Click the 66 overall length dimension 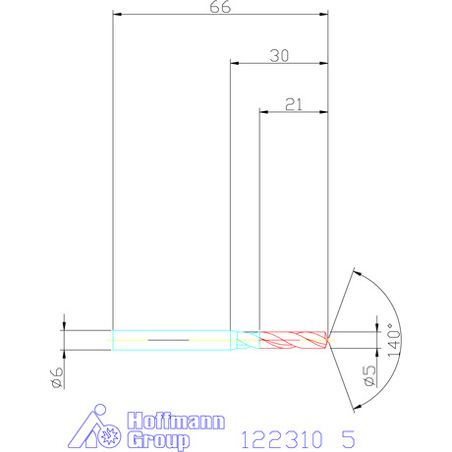tap(220, 7)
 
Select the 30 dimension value tap(279, 56)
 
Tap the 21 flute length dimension tap(294, 105)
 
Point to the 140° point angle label tap(394, 340)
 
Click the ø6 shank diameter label tap(57, 377)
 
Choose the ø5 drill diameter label tap(369, 375)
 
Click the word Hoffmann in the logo tap(176, 421)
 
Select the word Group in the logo tap(158, 440)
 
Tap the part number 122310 tap(282, 439)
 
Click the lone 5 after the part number tap(348, 439)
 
